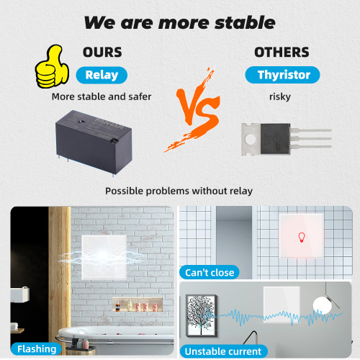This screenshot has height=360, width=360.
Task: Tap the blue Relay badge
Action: [x=102, y=75]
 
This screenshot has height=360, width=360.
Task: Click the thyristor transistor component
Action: [x=282, y=137]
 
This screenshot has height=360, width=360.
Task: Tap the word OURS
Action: [x=102, y=53]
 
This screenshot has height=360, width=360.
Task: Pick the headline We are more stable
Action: [x=179, y=22]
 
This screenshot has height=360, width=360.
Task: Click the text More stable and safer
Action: [x=102, y=96]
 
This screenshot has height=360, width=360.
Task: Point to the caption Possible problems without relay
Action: [x=179, y=191]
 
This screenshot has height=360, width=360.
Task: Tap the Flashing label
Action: [x=37, y=348]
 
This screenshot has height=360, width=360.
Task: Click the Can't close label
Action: [x=210, y=271]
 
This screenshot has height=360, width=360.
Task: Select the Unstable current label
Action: [x=223, y=351]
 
